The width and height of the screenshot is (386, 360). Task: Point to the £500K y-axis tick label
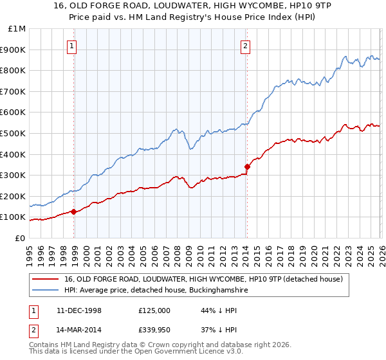(14, 134)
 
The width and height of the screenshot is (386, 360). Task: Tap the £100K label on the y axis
(14, 217)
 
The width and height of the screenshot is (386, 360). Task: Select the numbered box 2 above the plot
(245, 46)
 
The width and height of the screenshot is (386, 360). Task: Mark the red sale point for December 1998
(74, 212)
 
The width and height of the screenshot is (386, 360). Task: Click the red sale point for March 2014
(247, 166)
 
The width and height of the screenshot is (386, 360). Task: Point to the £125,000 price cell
(154, 310)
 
